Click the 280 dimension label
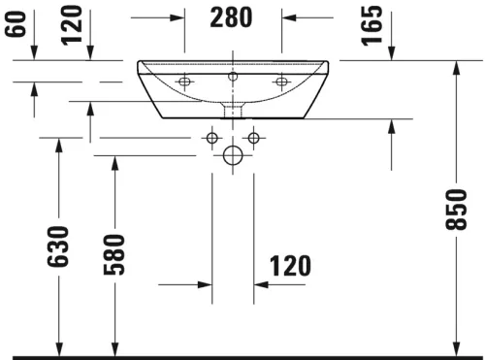[x=232, y=17]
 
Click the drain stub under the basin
[x=233, y=109]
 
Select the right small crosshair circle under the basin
[x=253, y=138]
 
